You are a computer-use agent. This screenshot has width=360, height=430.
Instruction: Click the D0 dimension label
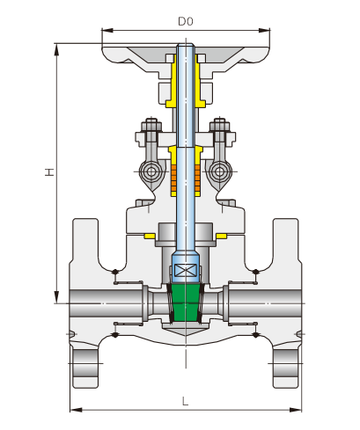(186, 21)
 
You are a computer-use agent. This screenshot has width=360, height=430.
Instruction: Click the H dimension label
(49, 171)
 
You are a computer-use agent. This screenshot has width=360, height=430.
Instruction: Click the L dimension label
(185, 401)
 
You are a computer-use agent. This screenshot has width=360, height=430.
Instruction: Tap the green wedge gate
(186, 302)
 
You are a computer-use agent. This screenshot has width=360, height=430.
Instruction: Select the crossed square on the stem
(186, 270)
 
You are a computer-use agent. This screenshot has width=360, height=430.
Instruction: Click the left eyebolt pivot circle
(151, 171)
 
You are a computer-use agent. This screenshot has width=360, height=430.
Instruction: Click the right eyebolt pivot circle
(220, 171)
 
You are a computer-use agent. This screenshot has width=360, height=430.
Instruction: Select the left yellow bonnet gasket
(150, 236)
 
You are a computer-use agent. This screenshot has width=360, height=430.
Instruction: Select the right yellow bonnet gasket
(221, 236)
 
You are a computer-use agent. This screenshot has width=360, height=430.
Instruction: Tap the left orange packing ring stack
(173, 179)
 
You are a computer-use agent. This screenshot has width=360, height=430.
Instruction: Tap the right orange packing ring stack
(198, 179)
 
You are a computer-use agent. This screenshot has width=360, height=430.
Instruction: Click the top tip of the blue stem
(186, 44)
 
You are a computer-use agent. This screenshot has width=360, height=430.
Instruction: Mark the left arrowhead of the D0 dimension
(107, 30)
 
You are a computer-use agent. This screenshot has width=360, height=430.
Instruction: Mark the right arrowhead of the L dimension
(296, 410)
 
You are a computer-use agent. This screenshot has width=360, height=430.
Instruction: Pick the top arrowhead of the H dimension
(56, 49)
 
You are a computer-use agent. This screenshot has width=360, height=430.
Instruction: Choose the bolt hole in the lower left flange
(85, 363)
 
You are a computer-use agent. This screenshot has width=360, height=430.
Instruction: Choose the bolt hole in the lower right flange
(286, 363)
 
